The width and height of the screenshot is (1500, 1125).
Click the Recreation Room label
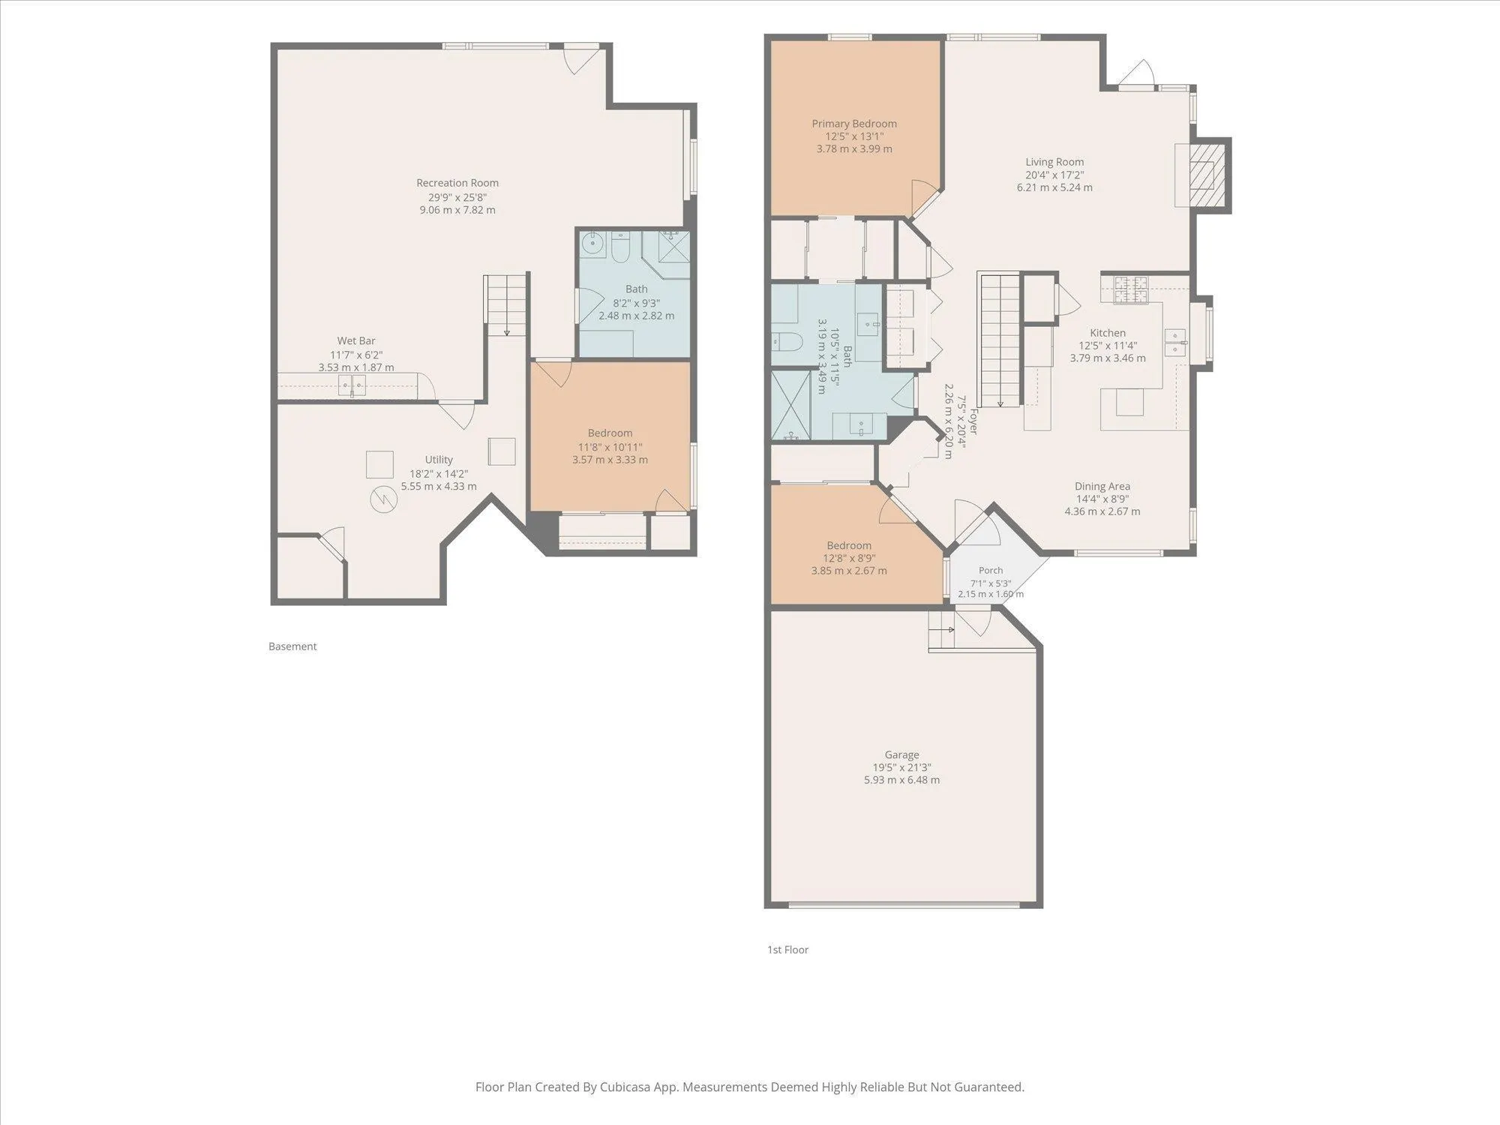coord(457,183)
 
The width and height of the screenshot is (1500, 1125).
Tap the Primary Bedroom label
coord(854,124)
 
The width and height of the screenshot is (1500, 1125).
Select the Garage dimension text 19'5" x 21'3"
coord(901,767)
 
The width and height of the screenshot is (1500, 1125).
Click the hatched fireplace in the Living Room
coord(1205,174)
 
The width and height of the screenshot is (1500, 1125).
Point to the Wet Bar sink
coord(352,385)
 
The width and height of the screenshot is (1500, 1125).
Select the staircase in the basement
coord(506,305)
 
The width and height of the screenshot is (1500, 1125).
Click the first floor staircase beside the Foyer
coord(1000,340)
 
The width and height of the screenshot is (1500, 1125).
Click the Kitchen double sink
coord(1175,343)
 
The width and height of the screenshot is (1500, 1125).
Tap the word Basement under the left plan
coord(292,646)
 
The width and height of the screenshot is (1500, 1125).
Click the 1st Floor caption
coord(787,949)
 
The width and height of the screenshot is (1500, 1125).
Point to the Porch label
coord(991,571)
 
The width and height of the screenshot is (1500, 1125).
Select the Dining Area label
coord(1102,486)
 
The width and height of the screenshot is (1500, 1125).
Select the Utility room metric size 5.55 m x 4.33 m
coord(439,486)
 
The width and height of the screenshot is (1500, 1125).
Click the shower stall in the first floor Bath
coord(791,405)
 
